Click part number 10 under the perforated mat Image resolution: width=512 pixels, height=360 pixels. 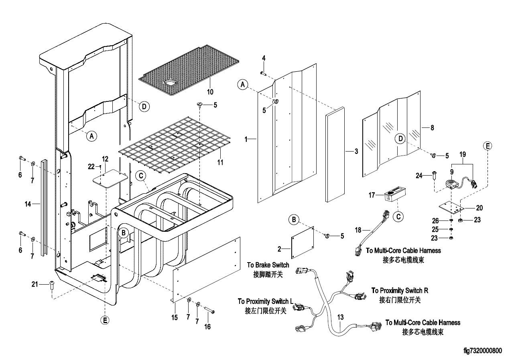click(x=210, y=92)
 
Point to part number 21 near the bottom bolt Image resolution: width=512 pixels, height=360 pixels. click(x=35, y=284)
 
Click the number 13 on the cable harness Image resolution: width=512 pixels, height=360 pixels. click(x=340, y=317)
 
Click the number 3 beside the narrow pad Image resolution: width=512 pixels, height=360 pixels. click(x=356, y=152)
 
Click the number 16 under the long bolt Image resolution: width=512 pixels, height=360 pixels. click(x=207, y=327)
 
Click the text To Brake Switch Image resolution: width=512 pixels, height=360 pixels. click(x=268, y=265)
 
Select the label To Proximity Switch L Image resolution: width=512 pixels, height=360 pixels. click(x=264, y=301)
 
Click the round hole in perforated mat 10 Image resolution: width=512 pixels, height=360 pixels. click(x=171, y=83)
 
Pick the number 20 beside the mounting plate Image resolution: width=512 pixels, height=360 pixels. click(x=479, y=208)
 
